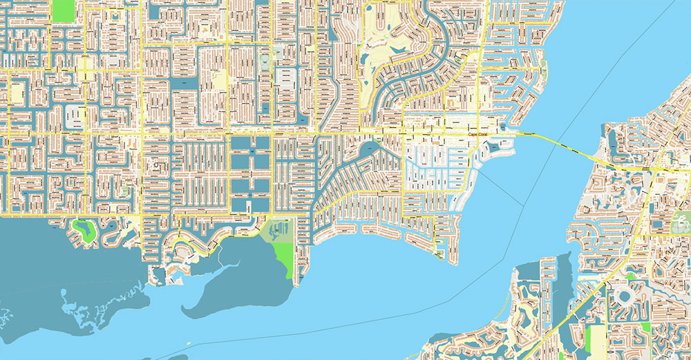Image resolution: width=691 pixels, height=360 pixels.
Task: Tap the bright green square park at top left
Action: click(x=62, y=9)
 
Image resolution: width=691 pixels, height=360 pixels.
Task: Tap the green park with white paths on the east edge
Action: click(x=681, y=222)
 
